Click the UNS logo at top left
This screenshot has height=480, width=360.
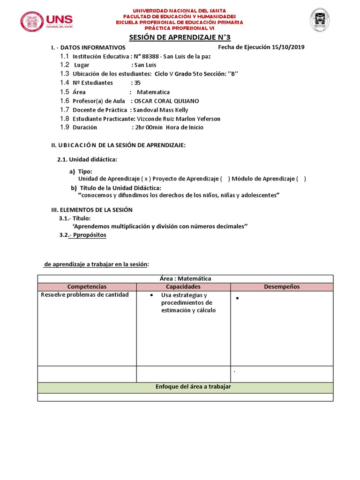(46, 22)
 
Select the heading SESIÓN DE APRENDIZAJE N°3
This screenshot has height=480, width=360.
(180, 38)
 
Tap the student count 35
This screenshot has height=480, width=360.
(137, 82)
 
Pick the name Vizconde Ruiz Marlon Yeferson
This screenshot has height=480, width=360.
(178, 119)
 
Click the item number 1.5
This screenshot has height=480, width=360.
(65, 92)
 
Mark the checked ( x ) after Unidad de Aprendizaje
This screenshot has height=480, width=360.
(147, 179)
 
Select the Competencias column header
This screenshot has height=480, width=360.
(87, 286)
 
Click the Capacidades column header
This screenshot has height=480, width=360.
(183, 286)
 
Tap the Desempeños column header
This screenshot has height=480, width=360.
(281, 286)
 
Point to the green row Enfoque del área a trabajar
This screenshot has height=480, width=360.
(185, 387)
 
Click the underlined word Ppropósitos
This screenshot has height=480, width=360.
(89, 235)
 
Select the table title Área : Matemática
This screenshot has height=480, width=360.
(185, 278)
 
